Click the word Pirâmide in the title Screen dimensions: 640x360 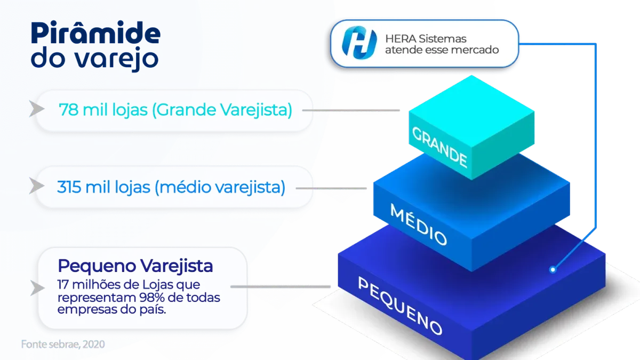(x=95, y=33)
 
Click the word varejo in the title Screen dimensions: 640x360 (x=117, y=59)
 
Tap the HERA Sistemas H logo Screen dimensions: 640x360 (x=359, y=43)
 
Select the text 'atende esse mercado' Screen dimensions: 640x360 (x=442, y=50)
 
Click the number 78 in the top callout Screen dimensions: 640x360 (x=69, y=110)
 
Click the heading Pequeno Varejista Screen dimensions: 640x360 (x=135, y=266)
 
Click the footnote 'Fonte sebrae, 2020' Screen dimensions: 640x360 (x=63, y=345)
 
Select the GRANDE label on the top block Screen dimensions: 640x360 (x=439, y=147)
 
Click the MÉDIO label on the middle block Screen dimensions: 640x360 (x=418, y=225)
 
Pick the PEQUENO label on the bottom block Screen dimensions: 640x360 (x=400, y=306)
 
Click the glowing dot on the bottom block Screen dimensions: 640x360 (x=553, y=269)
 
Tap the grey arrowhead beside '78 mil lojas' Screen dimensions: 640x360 (x=37, y=109)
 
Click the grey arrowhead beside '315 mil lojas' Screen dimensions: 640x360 (x=37, y=186)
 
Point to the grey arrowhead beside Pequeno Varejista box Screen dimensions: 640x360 (x=37, y=287)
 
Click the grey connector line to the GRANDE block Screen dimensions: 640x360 (x=351, y=110)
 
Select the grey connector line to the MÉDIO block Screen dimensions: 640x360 (x=331, y=188)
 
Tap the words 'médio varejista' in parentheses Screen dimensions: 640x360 (x=220, y=187)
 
